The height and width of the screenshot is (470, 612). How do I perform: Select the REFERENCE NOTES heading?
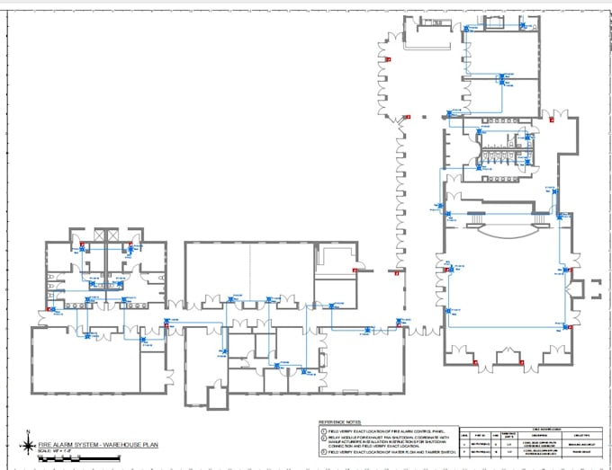point(339,421)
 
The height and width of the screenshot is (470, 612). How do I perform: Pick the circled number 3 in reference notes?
point(323,453)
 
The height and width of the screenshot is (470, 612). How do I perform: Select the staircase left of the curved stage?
point(461,218)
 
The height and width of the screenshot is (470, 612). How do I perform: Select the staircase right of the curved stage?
point(540,218)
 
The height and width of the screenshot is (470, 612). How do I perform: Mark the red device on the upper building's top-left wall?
point(388,59)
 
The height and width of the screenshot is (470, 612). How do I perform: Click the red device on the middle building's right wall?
point(355,270)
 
